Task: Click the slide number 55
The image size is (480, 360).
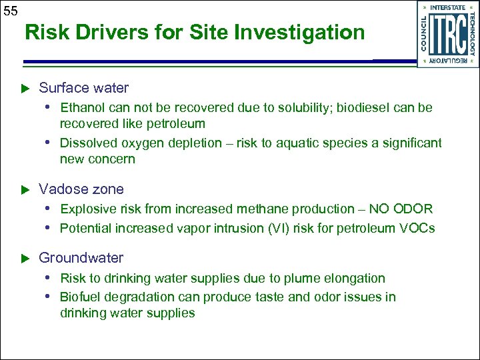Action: [10, 10]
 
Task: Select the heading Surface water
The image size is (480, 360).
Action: [83, 88]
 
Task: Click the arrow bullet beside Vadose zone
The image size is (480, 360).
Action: [27, 190]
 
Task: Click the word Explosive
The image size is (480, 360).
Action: [85, 209]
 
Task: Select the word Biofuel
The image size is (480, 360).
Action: [80, 297]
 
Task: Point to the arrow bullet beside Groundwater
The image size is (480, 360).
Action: [27, 259]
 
